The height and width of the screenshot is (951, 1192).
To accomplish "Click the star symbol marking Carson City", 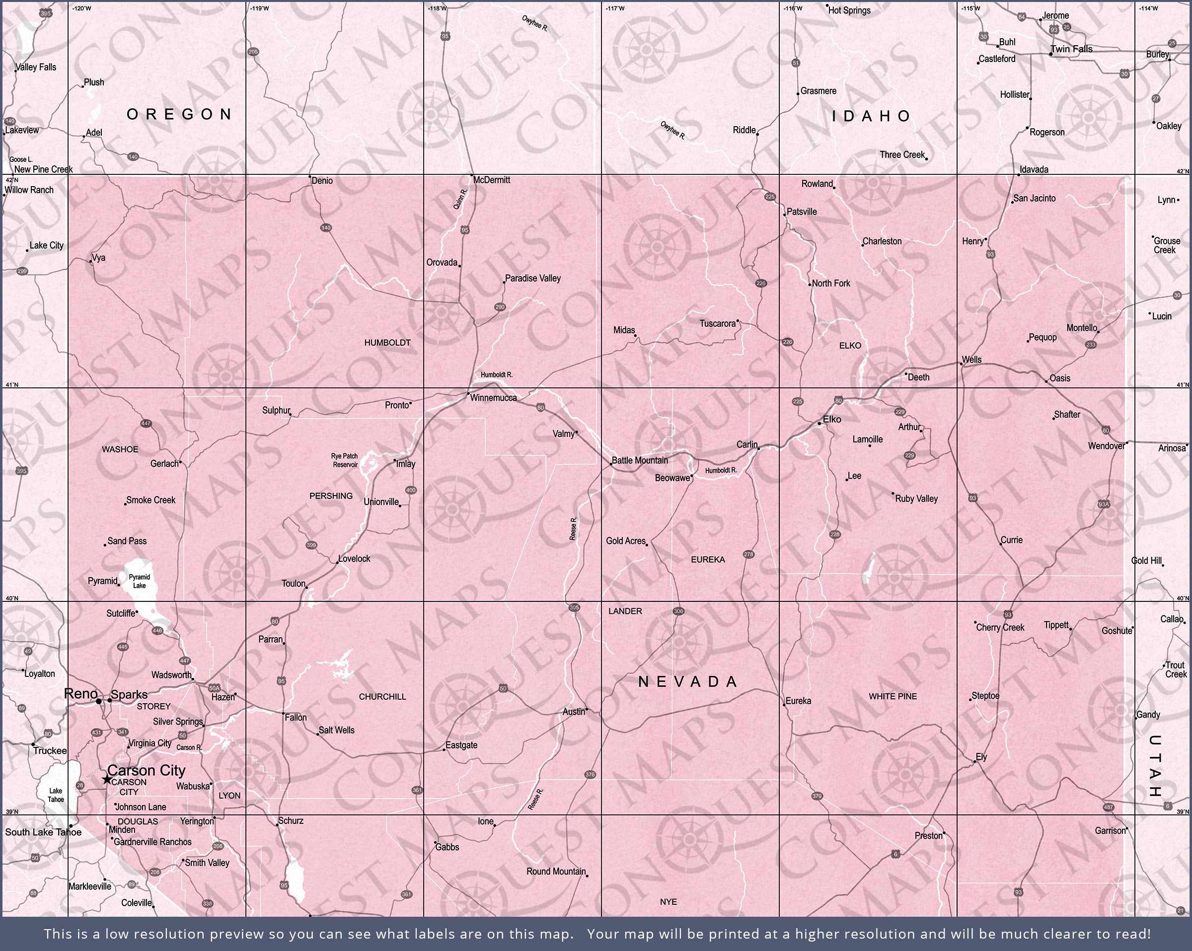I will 107,779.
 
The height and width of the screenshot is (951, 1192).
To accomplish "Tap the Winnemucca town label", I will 493,398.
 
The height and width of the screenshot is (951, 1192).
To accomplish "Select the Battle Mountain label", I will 640,460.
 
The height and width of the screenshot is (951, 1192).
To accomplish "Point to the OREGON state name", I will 179,114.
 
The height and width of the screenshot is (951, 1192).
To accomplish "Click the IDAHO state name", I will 871,116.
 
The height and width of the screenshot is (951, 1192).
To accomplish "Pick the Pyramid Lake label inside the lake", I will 140,581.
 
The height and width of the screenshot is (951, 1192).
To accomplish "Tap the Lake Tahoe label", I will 55,795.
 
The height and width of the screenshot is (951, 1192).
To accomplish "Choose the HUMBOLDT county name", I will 387,343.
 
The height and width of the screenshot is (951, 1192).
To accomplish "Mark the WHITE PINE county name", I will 893,696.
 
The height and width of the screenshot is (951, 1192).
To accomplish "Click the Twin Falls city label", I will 1071,49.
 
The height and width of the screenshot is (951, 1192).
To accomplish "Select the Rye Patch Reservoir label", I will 345,460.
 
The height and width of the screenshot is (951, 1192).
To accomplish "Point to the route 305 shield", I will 574,608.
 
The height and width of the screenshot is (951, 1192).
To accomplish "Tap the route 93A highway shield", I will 1104,504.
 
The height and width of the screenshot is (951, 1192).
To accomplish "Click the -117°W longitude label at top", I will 615,8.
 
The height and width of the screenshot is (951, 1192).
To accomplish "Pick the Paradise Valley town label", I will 532,278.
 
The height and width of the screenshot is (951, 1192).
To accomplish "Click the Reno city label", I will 81,694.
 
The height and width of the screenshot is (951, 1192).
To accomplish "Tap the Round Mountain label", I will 556,872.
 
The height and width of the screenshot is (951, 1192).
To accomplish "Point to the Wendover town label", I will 1106,446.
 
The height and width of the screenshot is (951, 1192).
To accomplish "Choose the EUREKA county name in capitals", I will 708,560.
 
